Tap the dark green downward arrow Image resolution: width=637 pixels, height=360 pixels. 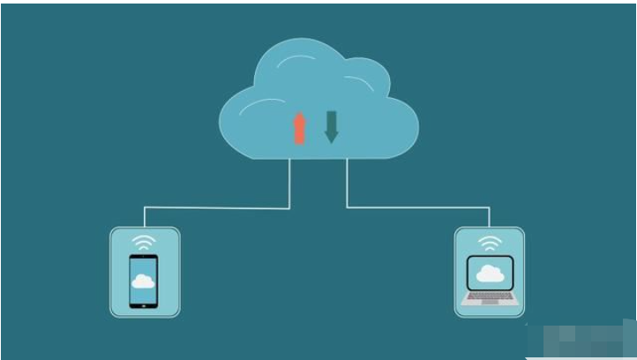pyautogui.click(x=332, y=126)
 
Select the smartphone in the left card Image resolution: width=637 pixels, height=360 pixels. pyautogui.click(x=143, y=281)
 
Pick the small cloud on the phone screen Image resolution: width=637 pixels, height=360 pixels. pyautogui.click(x=143, y=281)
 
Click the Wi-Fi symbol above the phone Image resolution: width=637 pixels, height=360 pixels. pyautogui.click(x=144, y=241)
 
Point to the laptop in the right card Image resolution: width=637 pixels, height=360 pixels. pyautogui.click(x=490, y=281)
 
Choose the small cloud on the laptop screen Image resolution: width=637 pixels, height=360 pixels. pyautogui.click(x=490, y=274)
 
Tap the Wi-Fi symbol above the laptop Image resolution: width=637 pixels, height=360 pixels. pyautogui.click(x=490, y=241)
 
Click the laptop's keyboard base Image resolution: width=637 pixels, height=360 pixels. pyautogui.click(x=490, y=298)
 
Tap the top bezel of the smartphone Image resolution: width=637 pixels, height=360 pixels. pyautogui.click(x=143, y=258)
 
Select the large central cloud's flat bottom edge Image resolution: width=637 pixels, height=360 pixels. pyautogui.click(x=318, y=158)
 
